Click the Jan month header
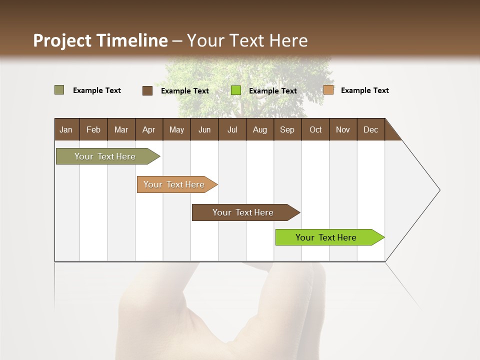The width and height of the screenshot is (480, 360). [x=66, y=129]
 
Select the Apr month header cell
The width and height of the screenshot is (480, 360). [x=149, y=129]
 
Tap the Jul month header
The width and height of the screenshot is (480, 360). [x=232, y=129]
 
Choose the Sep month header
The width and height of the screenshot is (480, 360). [x=287, y=129]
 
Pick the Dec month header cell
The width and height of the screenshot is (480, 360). [x=370, y=129]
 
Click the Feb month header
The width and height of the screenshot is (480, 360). [x=93, y=129]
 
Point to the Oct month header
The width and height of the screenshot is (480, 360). [x=315, y=129]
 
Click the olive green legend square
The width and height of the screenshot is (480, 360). [x=59, y=90]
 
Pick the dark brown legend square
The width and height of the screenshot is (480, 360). [x=147, y=90]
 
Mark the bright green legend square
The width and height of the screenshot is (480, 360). [x=236, y=90]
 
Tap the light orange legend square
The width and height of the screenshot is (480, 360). [x=328, y=90]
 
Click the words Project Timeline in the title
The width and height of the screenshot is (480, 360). [x=100, y=40]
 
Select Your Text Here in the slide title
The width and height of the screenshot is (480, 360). [x=247, y=40]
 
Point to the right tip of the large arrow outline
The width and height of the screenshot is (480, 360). [x=439, y=190]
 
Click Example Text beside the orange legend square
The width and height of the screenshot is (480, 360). [x=364, y=90]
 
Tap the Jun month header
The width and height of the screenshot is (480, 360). [x=204, y=129]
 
